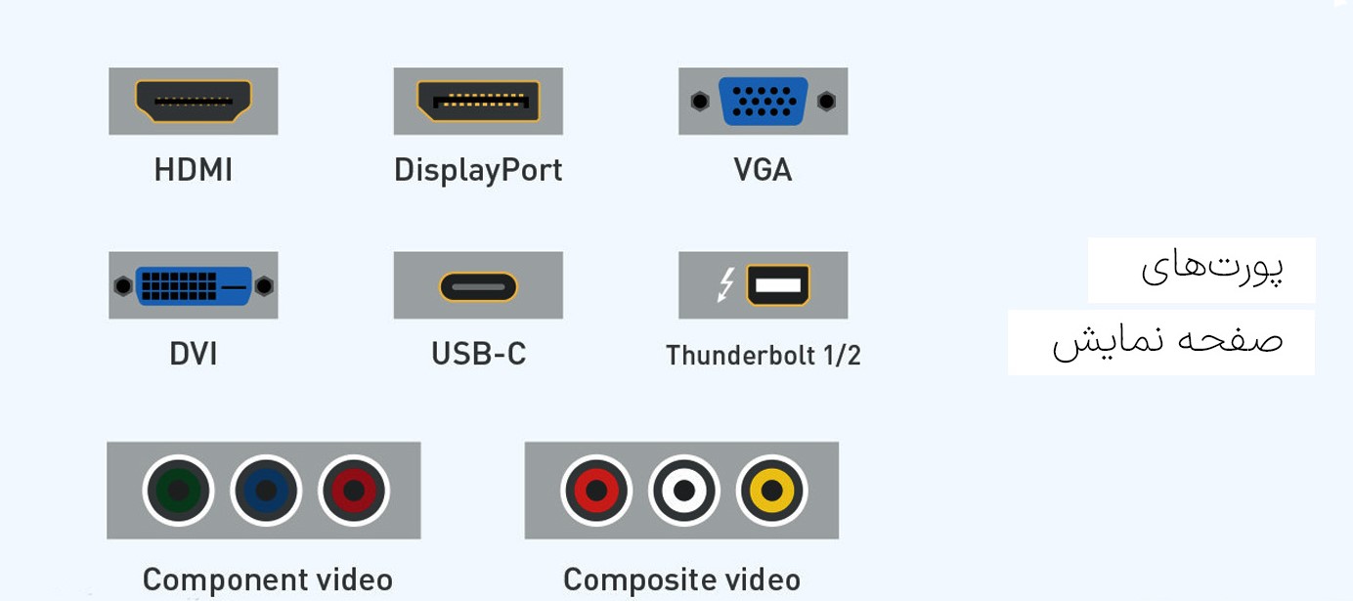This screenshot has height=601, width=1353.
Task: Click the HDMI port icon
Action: (194, 101)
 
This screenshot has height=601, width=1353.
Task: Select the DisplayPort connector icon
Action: (478, 101)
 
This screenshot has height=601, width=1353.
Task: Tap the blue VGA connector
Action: (763, 101)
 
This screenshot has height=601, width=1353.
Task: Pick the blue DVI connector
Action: (194, 285)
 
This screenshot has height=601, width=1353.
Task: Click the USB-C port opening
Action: (478, 286)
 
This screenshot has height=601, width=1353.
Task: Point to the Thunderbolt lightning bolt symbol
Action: (725, 284)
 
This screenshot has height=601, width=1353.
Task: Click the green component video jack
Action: (178, 491)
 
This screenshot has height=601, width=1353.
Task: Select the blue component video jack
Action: (266, 491)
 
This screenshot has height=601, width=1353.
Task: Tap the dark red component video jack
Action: (354, 491)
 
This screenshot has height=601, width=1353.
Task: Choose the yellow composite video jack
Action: (771, 491)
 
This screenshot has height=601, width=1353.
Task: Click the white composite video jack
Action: (683, 491)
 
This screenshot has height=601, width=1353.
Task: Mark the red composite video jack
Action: (596, 491)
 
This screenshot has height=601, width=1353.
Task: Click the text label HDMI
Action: (194, 170)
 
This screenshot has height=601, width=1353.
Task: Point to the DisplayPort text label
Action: (478, 171)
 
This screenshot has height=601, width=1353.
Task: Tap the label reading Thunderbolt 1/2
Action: (763, 355)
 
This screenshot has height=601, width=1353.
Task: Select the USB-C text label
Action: (478, 354)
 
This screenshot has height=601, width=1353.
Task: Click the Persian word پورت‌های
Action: (1211, 268)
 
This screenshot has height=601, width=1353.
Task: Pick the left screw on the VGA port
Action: (699, 101)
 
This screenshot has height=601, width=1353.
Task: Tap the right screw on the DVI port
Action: (264, 285)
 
